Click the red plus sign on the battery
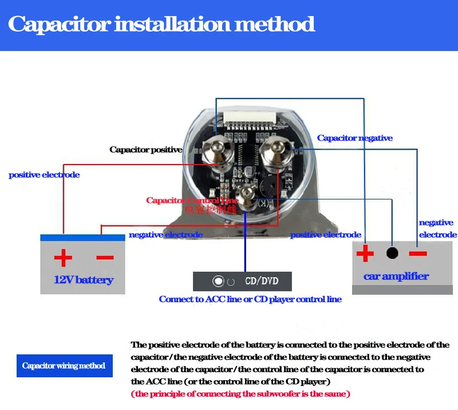pyautogui.click(x=63, y=257)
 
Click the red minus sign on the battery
pyautogui.click(x=105, y=257)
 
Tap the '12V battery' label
pyautogui.click(x=83, y=280)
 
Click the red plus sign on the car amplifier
pyautogui.click(x=365, y=253)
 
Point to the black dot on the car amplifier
pyautogui.click(x=392, y=253)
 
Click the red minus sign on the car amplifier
pyautogui.click(x=417, y=253)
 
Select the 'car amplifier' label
pyautogui.click(x=396, y=276)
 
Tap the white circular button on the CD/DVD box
pyautogui.click(x=218, y=282)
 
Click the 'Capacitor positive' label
pyautogui.click(x=146, y=150)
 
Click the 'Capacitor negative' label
pyautogui.click(x=355, y=138)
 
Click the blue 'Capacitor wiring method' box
pyautogui.click(x=64, y=365)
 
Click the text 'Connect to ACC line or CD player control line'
pyautogui.click(x=250, y=299)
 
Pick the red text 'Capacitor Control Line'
pyautogui.click(x=192, y=201)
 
